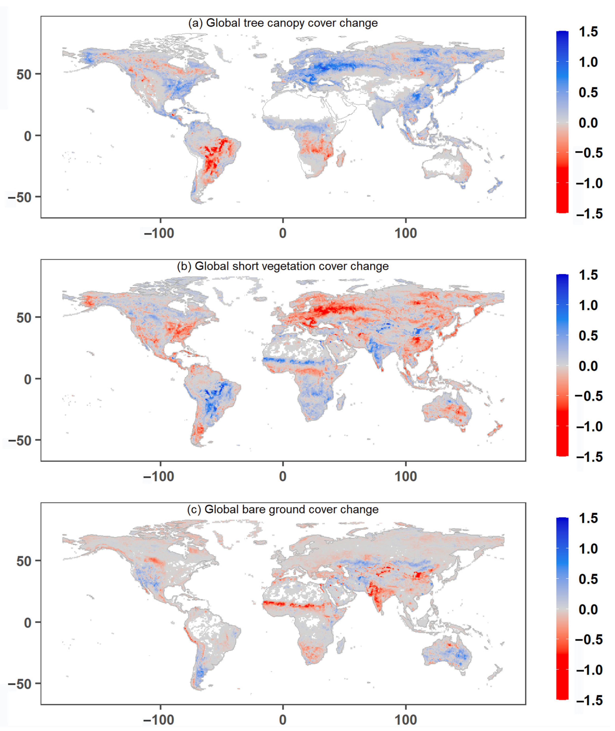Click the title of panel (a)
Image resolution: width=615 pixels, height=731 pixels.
(283, 23)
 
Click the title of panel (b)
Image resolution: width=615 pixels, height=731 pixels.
(283, 266)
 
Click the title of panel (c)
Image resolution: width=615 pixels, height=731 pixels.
(283, 509)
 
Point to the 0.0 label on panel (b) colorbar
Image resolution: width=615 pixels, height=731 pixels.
(588, 366)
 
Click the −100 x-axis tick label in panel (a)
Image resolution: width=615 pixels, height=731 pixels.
(159, 233)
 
